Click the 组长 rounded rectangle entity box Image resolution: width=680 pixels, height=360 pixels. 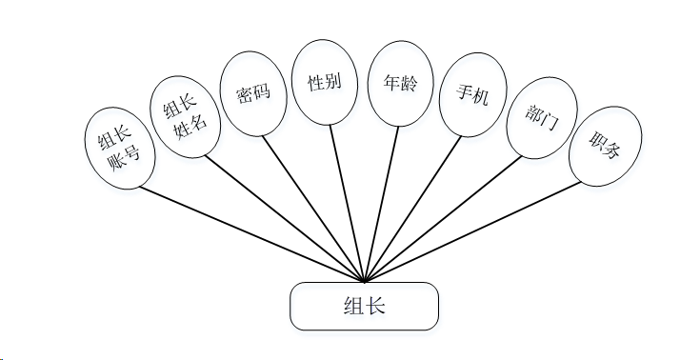pyautogui.click(x=364, y=307)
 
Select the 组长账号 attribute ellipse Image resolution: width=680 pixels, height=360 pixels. pyautogui.click(x=120, y=148)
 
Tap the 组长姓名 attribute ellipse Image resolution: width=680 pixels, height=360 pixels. pyautogui.click(x=185, y=117)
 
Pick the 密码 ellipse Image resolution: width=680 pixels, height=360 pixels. pyautogui.click(x=253, y=93)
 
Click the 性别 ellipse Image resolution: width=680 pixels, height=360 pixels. pyautogui.click(x=325, y=83)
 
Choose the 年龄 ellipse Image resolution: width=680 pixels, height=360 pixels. pyautogui.click(x=401, y=83)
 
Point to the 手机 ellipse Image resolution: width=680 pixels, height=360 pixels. pyautogui.click(x=473, y=94)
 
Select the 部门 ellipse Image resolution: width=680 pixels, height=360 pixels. pyautogui.click(x=542, y=117)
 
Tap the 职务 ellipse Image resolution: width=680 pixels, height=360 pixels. pyautogui.click(x=606, y=147)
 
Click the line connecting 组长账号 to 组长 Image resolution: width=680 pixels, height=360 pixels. pyautogui.click(x=252, y=234)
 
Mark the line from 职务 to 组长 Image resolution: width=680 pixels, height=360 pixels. pyautogui.click(x=472, y=232)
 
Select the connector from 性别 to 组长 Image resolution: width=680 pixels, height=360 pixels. pyautogui.click(x=347, y=204)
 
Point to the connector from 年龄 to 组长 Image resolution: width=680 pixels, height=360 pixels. pyautogui.click(x=381, y=205)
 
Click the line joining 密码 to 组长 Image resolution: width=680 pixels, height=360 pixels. pyautogui.click(x=313, y=210)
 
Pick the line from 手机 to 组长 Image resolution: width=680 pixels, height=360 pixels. pyautogui.click(x=412, y=210)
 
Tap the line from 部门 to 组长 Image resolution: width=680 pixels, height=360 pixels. pyautogui.click(x=443, y=219)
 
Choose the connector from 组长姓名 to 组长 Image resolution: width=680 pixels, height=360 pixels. pyautogui.click(x=285, y=219)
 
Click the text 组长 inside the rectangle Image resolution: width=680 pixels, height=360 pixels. pyautogui.click(x=365, y=306)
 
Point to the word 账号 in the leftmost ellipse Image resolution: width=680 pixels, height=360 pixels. pyautogui.click(x=125, y=159)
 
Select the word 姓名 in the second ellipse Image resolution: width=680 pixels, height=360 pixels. pyautogui.click(x=190, y=127)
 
